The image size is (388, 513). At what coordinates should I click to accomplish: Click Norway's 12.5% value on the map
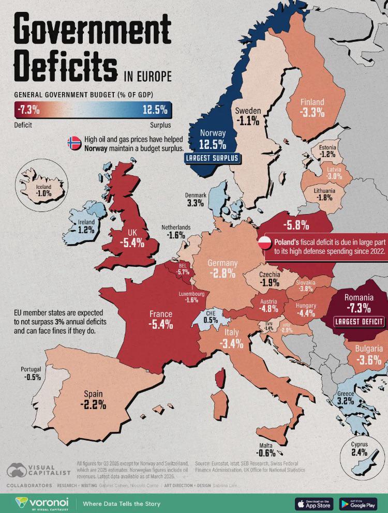pos(213,144)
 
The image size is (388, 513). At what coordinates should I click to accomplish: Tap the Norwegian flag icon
pos(74,143)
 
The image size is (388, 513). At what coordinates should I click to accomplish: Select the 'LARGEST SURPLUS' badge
pos(212,158)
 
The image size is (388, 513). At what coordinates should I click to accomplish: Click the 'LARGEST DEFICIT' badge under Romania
pos(359,322)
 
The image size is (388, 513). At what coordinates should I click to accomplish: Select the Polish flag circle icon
pos(265,242)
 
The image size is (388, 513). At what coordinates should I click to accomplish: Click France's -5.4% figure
pos(161,325)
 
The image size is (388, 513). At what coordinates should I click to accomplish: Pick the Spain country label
pos(93,393)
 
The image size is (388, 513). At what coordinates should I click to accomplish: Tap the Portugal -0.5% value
pos(32,378)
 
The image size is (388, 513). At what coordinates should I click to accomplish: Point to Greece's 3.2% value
pos(345,400)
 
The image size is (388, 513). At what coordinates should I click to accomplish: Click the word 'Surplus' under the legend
pos(160,125)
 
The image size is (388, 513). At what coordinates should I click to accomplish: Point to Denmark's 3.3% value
pos(195,203)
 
